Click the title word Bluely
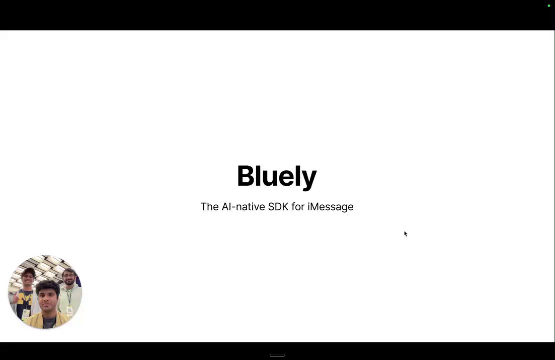coord(277,176)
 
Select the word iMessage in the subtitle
coord(330,206)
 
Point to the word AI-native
coord(243,206)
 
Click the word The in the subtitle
coord(210,206)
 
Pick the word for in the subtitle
coord(298,206)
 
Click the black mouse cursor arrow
coord(406,234)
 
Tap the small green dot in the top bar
coord(549,5)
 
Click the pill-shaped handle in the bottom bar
coord(277,355)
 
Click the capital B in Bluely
coord(246,176)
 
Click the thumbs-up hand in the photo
coord(15,298)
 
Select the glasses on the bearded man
coord(70,276)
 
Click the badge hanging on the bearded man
coord(69,311)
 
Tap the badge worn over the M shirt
coord(26,314)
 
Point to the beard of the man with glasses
coord(69,282)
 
